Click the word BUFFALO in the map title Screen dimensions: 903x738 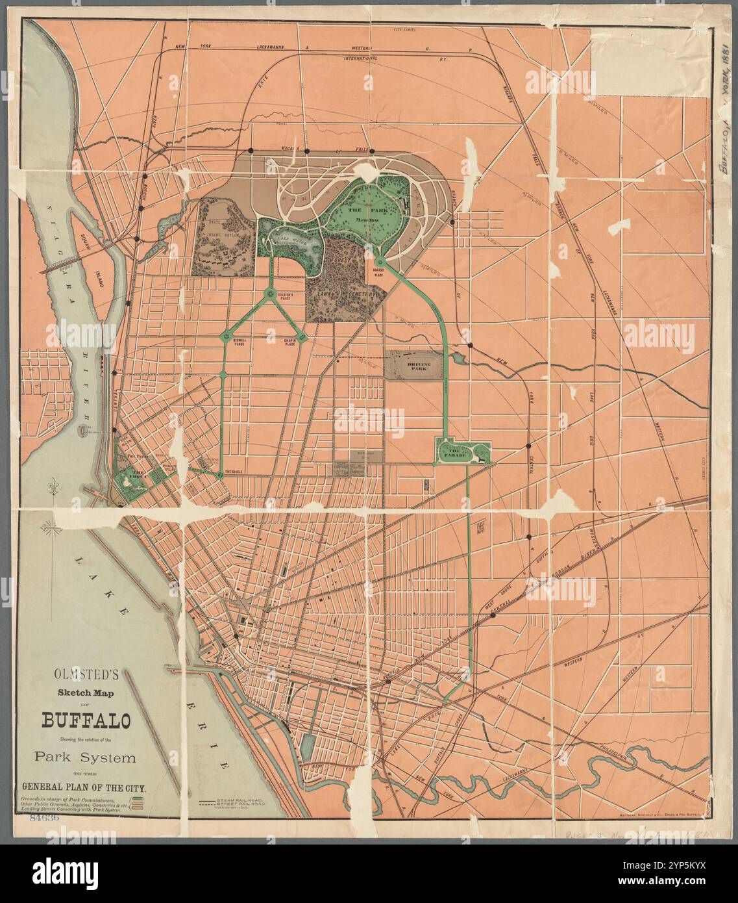coord(86,722)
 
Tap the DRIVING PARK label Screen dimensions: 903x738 coord(415,365)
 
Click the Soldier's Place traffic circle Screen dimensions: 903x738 coord(270,296)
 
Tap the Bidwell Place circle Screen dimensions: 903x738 coord(226,336)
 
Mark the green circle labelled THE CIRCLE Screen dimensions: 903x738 coord(220,476)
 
